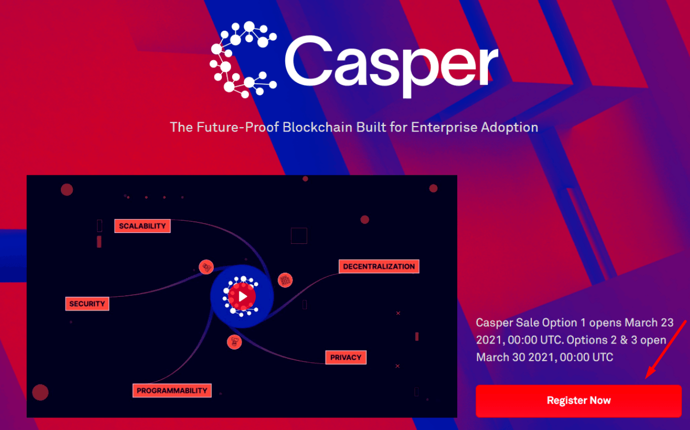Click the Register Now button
578,401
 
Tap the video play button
242,297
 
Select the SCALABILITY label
142,226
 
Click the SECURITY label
87,303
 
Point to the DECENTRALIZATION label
379,266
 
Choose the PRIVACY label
346,357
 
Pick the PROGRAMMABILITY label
172,391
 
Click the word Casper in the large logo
391,64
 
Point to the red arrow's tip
646,379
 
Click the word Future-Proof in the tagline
238,127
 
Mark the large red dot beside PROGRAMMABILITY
41,392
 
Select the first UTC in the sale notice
550,340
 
